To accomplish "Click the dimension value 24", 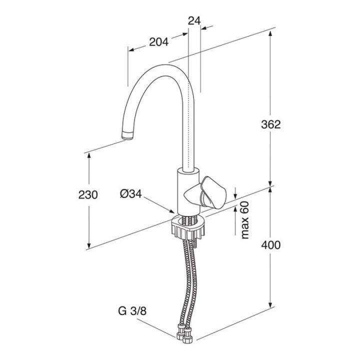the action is coord(194,21).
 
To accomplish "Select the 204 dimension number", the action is coord(158,42).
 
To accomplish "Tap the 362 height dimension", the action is coord(271,124).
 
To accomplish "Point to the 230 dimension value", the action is coord(88,195).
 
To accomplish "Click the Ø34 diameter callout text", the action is coord(131,194).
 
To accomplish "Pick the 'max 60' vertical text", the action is coord(245,220).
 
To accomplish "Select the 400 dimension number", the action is coord(271,245).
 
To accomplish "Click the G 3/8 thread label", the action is coord(132,311).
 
